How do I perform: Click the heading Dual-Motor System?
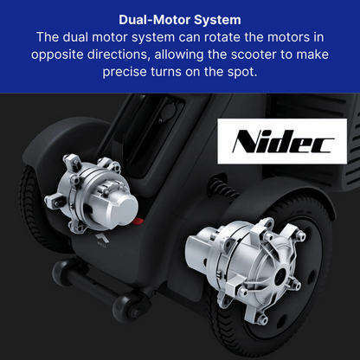180,20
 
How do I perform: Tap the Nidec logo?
282,141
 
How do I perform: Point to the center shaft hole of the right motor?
280,276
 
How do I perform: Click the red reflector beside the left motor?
138,221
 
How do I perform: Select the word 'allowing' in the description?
179,55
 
